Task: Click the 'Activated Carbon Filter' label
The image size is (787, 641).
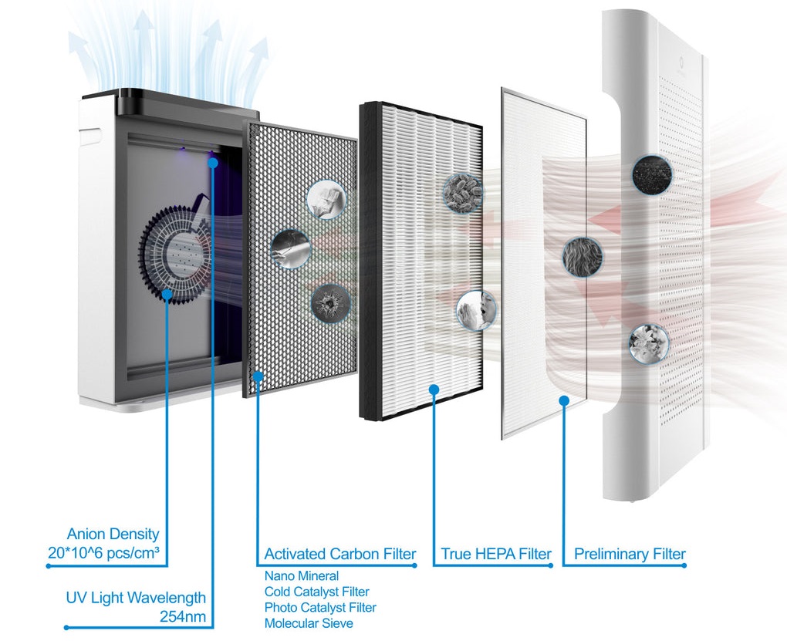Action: point(339,554)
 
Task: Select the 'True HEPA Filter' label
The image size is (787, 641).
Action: point(496,554)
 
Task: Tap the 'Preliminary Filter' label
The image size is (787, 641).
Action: point(630,554)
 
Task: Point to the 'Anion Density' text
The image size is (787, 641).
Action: point(113,534)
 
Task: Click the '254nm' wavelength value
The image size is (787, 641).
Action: point(183,616)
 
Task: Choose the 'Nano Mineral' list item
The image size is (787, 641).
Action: point(301,575)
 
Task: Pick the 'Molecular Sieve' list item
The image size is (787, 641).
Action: point(309,623)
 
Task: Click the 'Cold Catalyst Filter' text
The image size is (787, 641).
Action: point(316,592)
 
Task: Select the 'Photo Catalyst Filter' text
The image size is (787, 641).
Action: point(320,607)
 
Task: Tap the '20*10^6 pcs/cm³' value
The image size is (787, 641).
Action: point(104,552)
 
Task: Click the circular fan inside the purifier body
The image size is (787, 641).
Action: point(174,255)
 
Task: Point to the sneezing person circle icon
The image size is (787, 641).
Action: point(476,310)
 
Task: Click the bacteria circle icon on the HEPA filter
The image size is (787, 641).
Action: point(463,193)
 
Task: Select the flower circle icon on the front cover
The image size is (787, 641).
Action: point(648,344)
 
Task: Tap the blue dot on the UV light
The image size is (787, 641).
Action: point(213,163)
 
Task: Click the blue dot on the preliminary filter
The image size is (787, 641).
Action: point(564,400)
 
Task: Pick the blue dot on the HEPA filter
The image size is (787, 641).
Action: point(434,390)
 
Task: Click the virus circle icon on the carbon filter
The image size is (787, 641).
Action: point(330,302)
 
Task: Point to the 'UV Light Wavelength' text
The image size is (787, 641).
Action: point(136,597)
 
